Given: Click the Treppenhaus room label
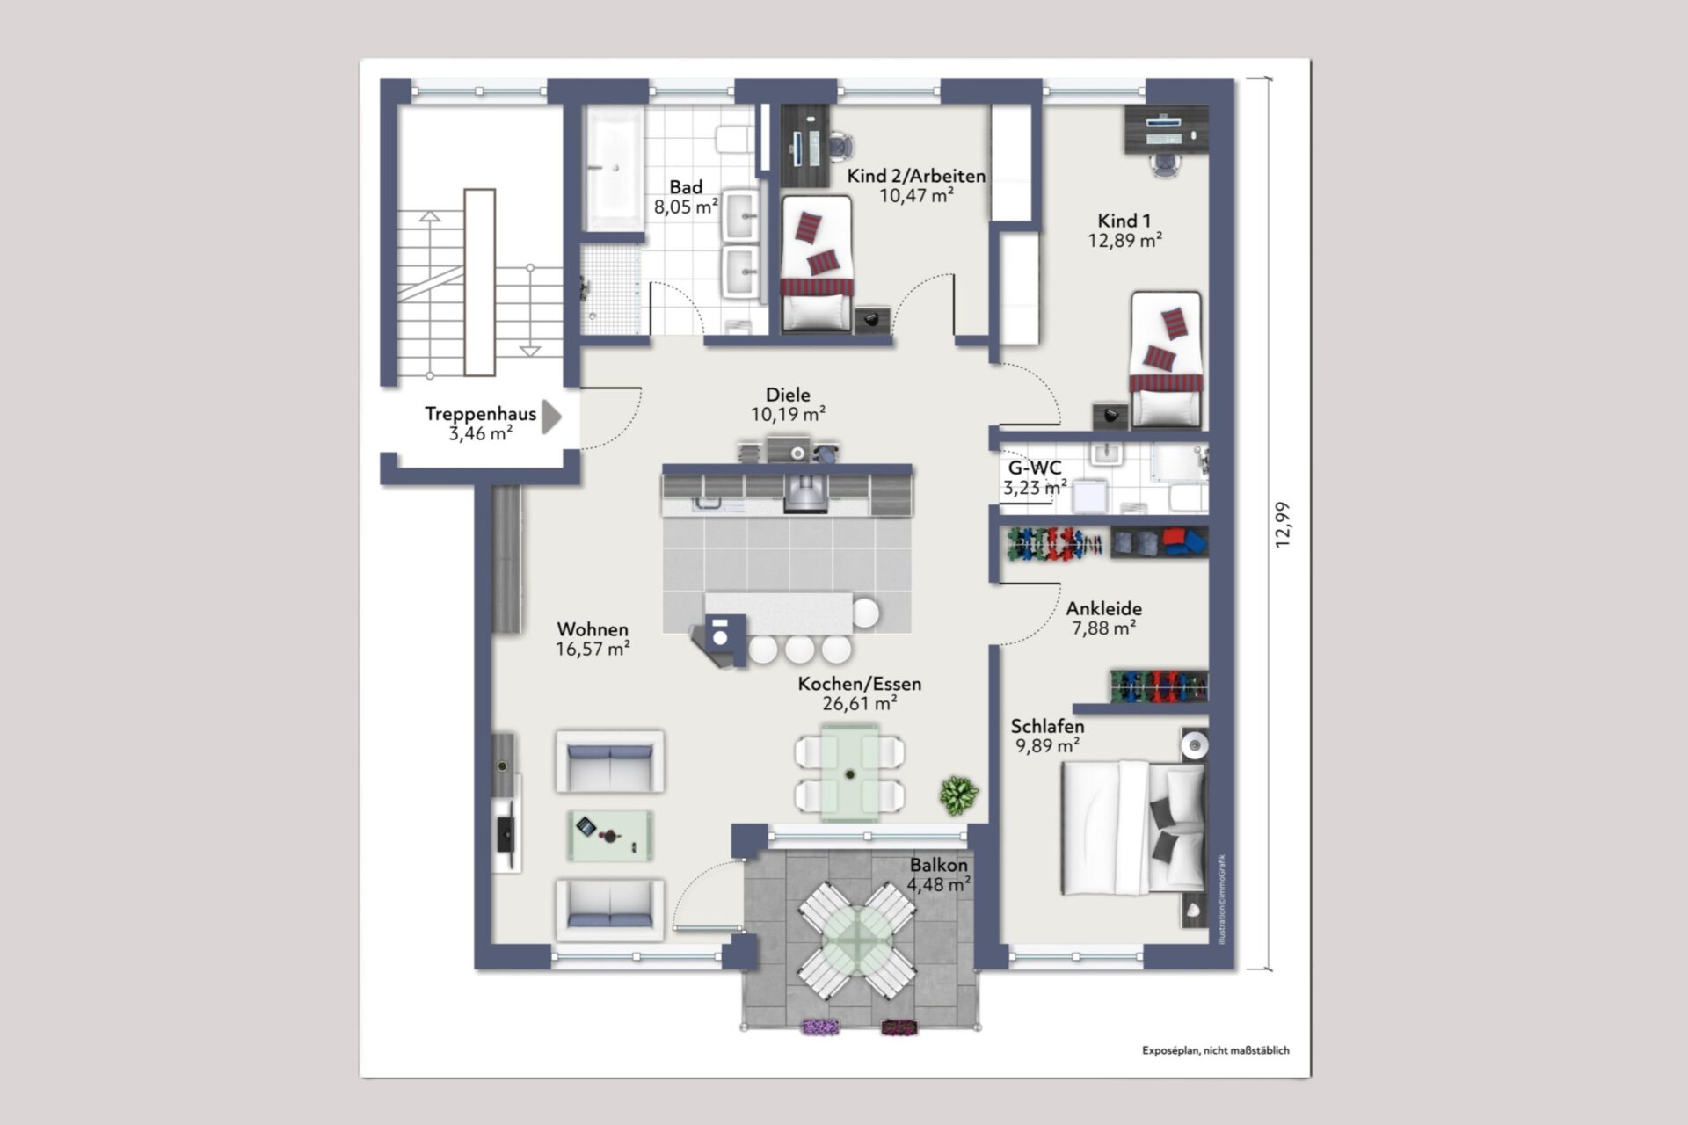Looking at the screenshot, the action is (480, 414).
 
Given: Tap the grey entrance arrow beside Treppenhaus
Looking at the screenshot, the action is (551, 417).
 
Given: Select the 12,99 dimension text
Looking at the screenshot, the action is (1284, 525).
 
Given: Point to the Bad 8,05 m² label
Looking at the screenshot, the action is (686, 197).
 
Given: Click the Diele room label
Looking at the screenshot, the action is (788, 395).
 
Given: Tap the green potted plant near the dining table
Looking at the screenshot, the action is (958, 795).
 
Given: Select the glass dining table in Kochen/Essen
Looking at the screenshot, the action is (850, 773).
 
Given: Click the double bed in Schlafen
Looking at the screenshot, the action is (1133, 828).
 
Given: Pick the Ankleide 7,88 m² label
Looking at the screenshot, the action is (1104, 618).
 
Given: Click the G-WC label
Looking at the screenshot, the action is (1035, 468).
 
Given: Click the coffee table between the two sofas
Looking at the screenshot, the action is (610, 835).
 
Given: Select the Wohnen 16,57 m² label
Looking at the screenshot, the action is (593, 639).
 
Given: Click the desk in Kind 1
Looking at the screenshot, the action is (1167, 129).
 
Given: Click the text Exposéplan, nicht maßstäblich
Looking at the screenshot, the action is (1216, 1050).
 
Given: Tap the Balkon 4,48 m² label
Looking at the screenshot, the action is (939, 875).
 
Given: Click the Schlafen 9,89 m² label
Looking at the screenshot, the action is (1047, 736).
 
